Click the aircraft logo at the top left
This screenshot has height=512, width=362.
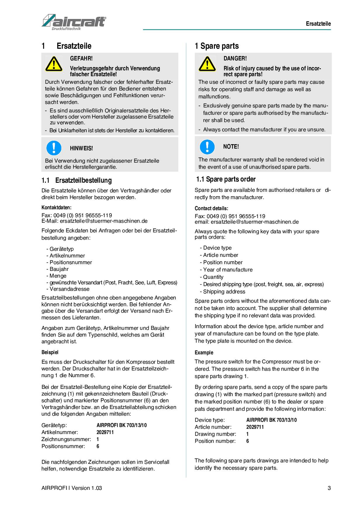[x=74, y=22]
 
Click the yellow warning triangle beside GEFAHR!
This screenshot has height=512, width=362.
[x=54, y=64]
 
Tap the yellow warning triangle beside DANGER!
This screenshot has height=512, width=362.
[x=207, y=64]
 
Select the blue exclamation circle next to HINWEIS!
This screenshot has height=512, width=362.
[x=54, y=148]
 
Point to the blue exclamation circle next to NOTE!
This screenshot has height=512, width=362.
[x=207, y=147]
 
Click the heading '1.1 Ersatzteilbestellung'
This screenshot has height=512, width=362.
[x=76, y=180]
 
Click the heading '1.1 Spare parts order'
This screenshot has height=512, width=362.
[x=226, y=179]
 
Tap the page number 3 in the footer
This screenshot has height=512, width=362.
[x=329, y=488]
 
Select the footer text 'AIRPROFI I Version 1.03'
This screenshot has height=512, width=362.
[x=72, y=488]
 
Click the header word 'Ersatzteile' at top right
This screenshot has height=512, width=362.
[x=318, y=24]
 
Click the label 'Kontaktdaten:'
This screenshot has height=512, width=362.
[x=56, y=208]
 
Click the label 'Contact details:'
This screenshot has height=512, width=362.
[x=211, y=208]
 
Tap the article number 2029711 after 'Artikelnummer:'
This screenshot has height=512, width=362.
[x=105, y=432]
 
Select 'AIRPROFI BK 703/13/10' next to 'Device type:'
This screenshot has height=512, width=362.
[x=271, y=420]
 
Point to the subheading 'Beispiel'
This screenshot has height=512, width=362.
[x=50, y=352]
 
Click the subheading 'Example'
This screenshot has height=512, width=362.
[x=204, y=353]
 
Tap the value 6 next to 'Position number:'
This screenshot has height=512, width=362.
[x=248, y=441]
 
